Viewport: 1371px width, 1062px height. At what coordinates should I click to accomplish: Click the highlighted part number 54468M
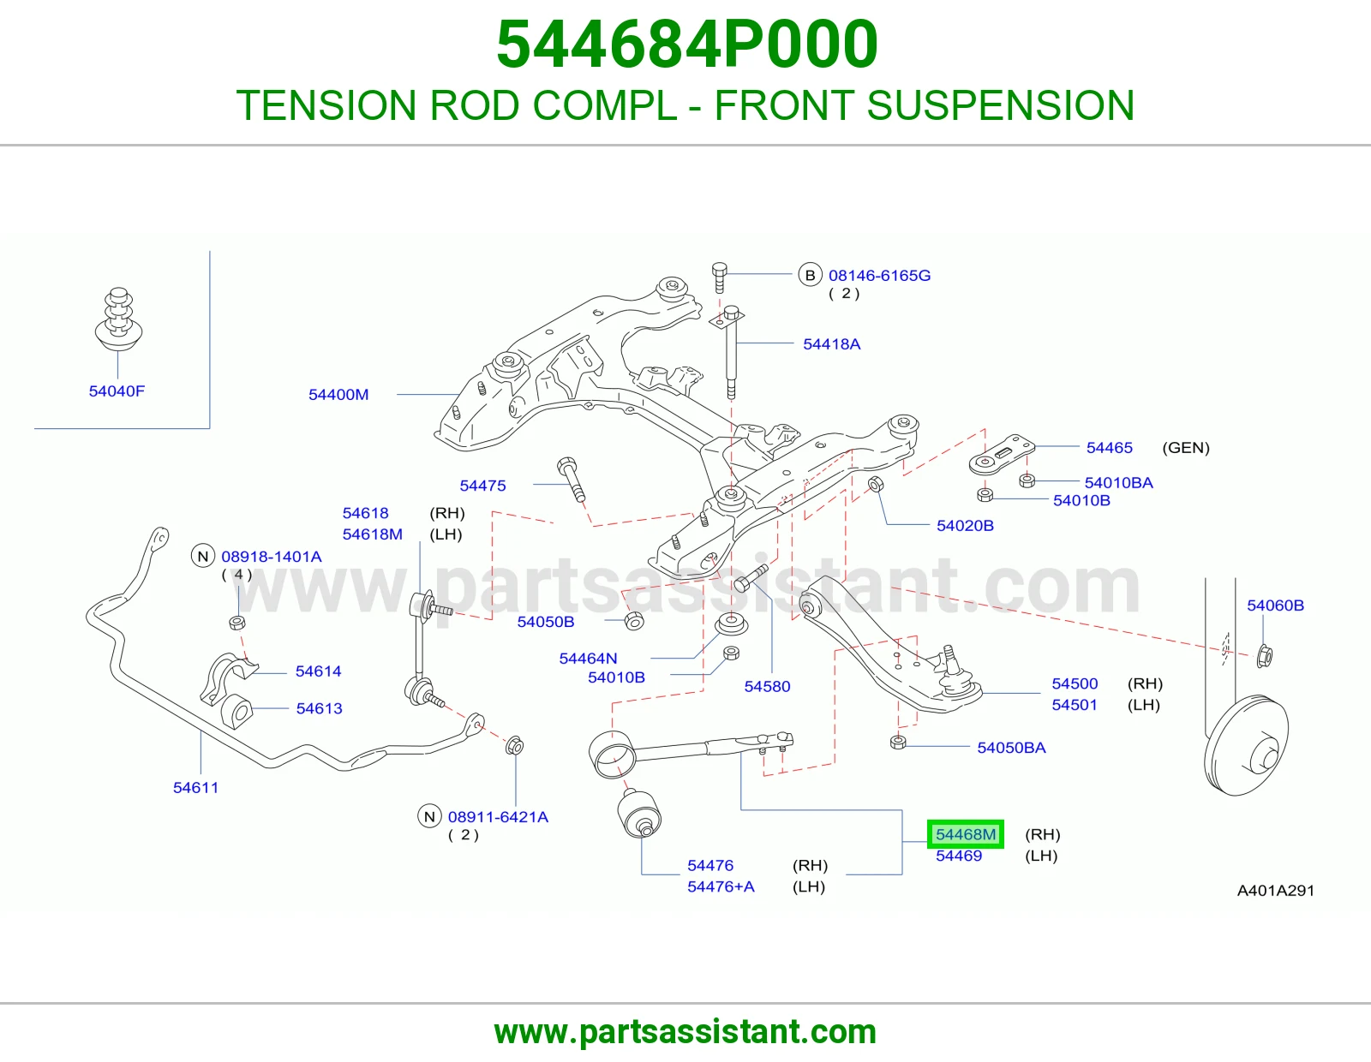click(966, 834)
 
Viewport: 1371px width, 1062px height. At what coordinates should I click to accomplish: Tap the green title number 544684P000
click(686, 44)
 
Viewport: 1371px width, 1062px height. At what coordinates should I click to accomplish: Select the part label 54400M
click(338, 394)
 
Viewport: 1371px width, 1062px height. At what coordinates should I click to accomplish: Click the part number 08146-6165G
click(879, 275)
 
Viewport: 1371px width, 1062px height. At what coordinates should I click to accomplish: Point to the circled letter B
click(810, 275)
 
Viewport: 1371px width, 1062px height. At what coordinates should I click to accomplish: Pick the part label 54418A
click(831, 343)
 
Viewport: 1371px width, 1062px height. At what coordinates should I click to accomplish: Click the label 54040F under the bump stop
click(117, 391)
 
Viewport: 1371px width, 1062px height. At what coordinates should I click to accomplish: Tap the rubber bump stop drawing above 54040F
click(118, 319)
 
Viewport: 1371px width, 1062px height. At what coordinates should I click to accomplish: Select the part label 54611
click(195, 788)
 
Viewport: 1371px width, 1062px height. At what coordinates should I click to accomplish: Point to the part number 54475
click(482, 486)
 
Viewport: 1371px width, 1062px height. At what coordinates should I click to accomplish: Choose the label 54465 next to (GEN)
click(1109, 448)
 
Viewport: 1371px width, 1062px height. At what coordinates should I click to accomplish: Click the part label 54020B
click(965, 525)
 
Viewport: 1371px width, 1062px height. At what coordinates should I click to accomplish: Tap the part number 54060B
click(1275, 606)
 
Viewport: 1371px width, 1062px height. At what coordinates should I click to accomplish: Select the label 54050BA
click(1011, 748)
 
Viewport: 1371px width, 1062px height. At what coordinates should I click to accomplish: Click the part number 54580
click(767, 686)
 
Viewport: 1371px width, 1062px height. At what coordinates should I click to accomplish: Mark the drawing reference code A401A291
click(1276, 891)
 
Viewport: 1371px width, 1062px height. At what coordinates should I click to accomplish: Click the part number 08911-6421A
click(498, 817)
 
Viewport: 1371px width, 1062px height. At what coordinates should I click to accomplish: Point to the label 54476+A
click(721, 886)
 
